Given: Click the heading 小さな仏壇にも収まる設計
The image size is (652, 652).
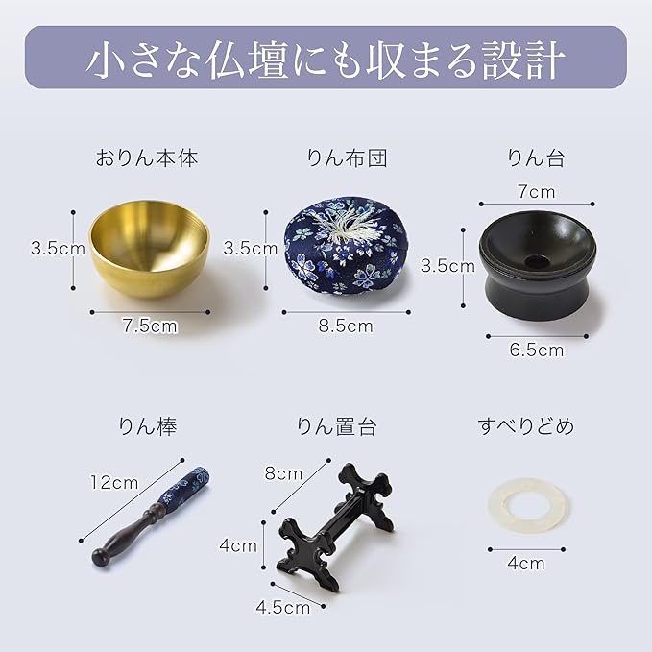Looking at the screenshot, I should [x=326, y=59].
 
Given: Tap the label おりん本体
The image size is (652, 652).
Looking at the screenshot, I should [x=147, y=158].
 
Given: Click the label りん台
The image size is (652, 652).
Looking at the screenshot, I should [x=536, y=158].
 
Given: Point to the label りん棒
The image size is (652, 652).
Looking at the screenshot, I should [x=148, y=426].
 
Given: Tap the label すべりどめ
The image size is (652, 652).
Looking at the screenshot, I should [x=525, y=426].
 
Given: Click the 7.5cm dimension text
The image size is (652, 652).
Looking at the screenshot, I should [x=150, y=326].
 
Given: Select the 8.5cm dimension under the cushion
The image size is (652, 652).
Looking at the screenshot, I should [x=346, y=326].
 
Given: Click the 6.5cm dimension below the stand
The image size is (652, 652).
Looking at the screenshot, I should [x=536, y=350].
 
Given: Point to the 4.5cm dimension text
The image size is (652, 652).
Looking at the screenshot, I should [x=283, y=606].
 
